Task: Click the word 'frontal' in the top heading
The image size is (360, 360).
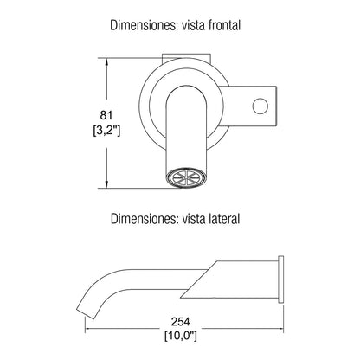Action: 223,25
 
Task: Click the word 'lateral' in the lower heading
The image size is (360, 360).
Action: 224,219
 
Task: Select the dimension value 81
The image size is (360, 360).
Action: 106,115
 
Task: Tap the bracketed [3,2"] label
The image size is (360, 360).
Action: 106,131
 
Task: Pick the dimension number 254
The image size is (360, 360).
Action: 181,321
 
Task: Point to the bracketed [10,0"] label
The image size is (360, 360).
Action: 181,336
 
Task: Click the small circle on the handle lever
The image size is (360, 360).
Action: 260,106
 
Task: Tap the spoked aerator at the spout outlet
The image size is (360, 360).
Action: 187,178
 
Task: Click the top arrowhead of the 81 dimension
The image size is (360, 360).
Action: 106,62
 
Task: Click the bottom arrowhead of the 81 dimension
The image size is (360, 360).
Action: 106,184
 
